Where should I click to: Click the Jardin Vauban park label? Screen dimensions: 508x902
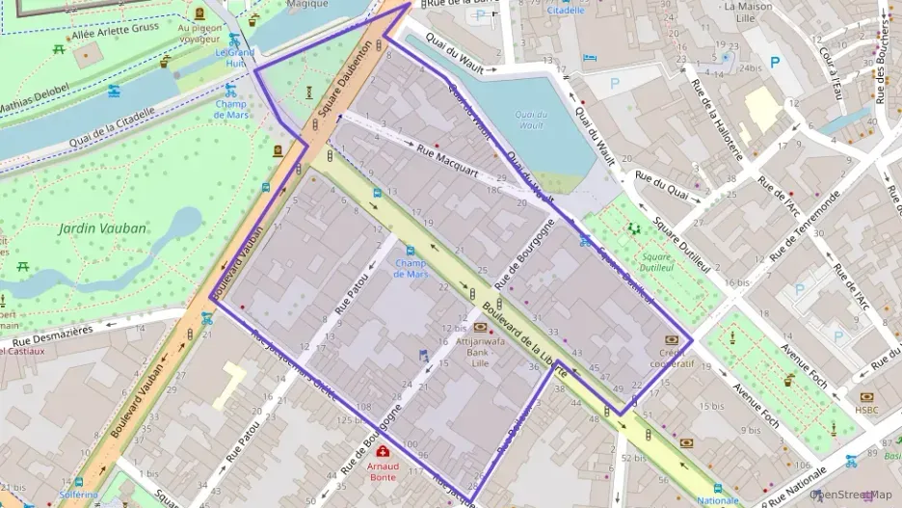pyautogui.click(x=103, y=228)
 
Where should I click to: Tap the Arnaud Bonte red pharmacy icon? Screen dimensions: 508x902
pyautogui.click(x=384, y=452)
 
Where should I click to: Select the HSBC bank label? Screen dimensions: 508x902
pyautogui.click(x=866, y=410)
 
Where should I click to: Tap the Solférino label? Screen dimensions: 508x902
pyautogui.click(x=78, y=495)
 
